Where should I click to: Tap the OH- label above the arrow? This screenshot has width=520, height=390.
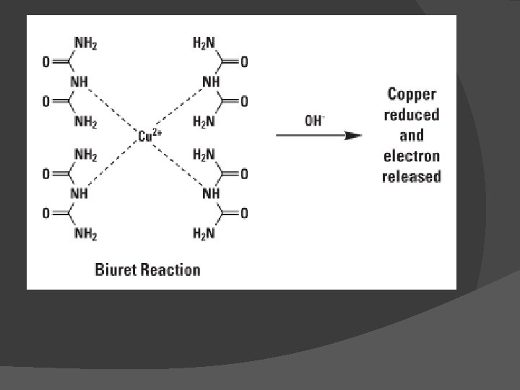[x=314, y=121]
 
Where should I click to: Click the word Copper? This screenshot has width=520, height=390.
[x=412, y=94]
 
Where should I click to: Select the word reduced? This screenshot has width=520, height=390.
[x=412, y=115]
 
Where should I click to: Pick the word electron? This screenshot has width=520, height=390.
[x=412, y=156]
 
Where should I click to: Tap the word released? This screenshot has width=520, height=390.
[x=412, y=176]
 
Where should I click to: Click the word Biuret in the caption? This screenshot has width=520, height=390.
[x=116, y=270]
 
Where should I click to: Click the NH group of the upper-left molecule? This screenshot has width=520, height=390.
[x=79, y=82]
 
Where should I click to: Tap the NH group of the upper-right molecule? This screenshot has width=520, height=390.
[x=212, y=82]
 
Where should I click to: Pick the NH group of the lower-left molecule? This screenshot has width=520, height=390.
[x=79, y=194]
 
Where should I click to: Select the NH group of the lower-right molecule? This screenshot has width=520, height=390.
[x=212, y=194]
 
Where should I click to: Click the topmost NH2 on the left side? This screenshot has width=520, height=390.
[x=85, y=43]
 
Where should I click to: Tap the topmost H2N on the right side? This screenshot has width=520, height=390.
[x=204, y=43]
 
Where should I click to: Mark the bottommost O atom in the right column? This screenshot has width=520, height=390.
[x=243, y=213]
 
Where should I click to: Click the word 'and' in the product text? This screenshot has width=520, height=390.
[x=412, y=135]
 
